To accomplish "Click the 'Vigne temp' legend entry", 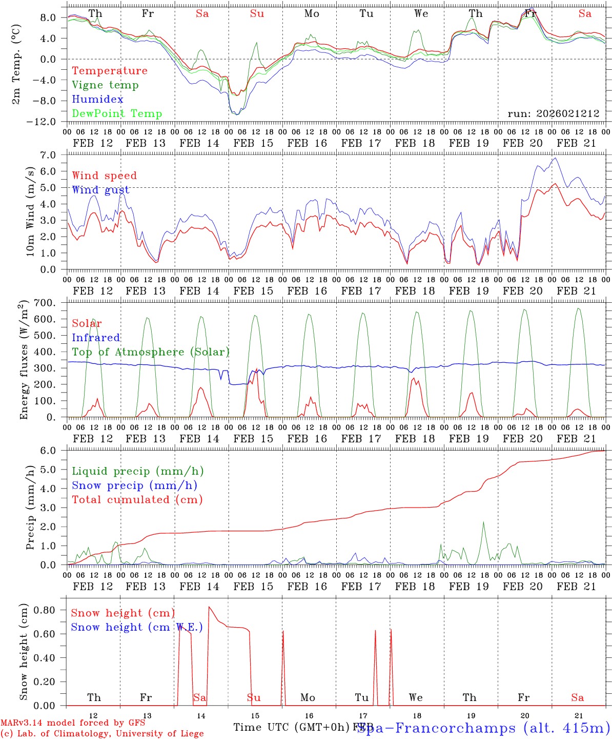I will pos(105,85).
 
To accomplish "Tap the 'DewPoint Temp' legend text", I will pos(117,114).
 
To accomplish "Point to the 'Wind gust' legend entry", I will pos(100,190).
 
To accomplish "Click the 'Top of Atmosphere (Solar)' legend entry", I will pos(151,352).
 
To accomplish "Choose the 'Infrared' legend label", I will pos(96,338).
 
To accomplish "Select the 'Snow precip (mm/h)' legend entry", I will pos(134,485).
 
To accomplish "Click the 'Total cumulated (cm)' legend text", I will pos(137,500).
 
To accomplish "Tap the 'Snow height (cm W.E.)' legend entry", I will pos(136,627).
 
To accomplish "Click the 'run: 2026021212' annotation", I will pos(553,114).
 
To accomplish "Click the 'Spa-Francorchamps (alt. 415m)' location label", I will pos(483,728).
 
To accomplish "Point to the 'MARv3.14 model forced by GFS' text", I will pos(73,723).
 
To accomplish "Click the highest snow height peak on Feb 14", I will pos(209,607).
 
